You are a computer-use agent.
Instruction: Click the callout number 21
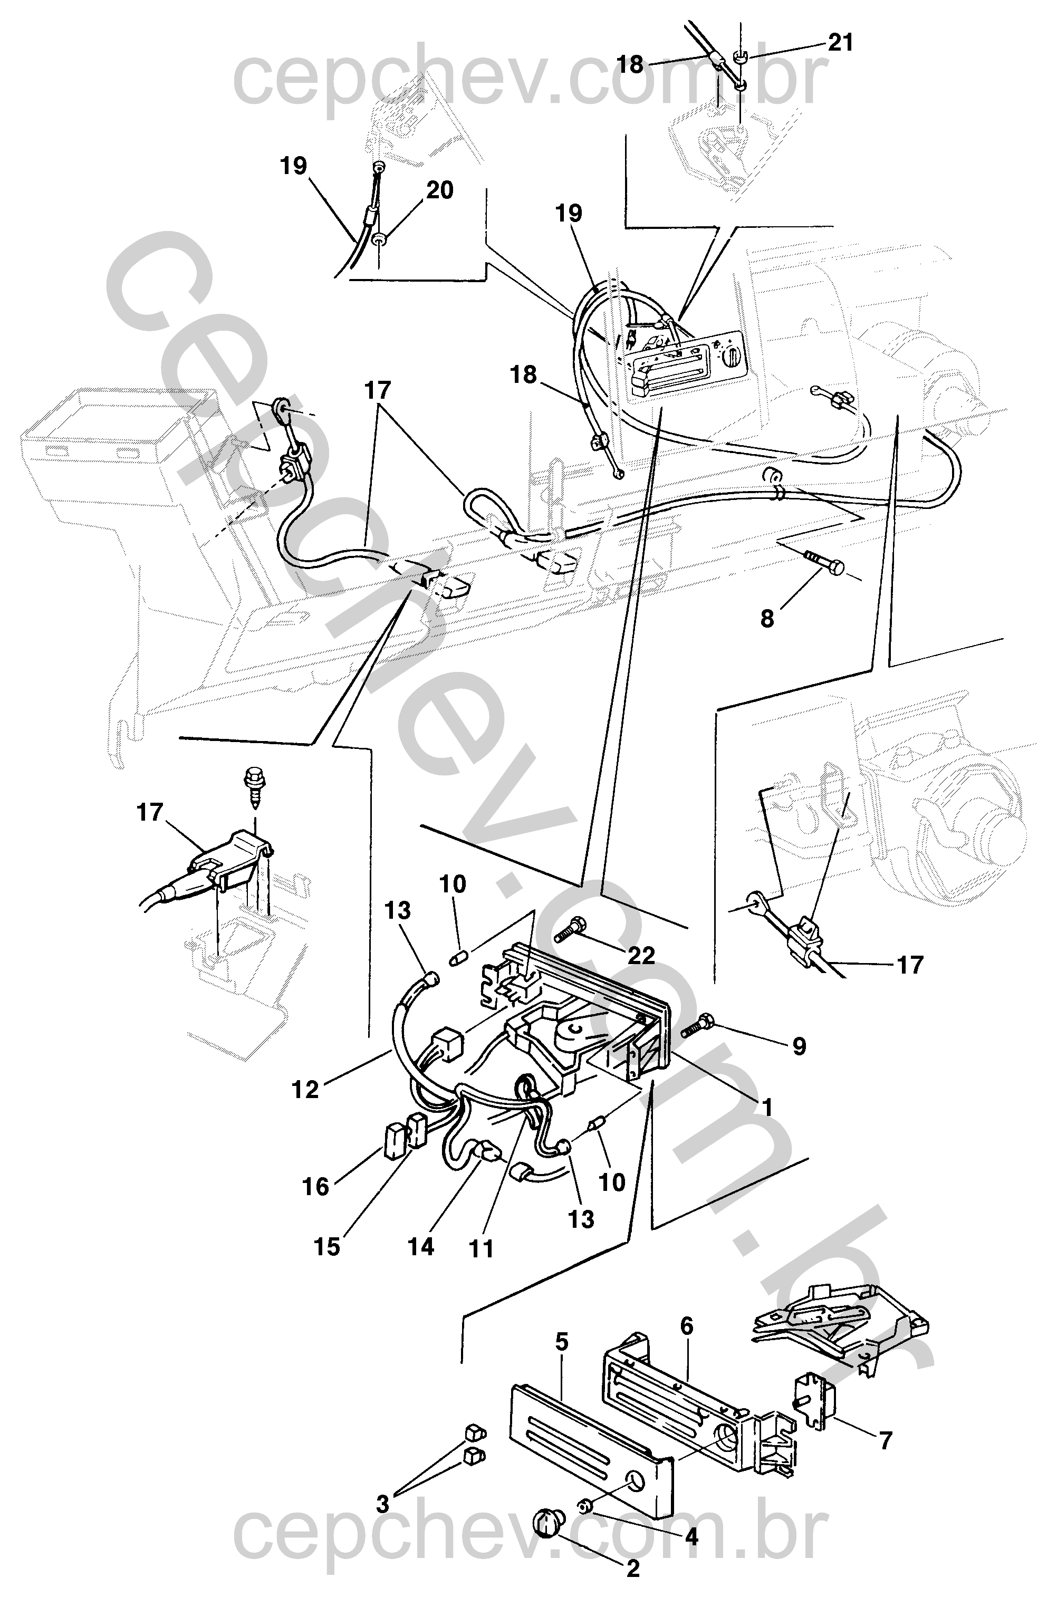[840, 43]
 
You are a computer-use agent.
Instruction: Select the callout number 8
[768, 618]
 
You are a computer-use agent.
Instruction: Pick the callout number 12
[305, 1090]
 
